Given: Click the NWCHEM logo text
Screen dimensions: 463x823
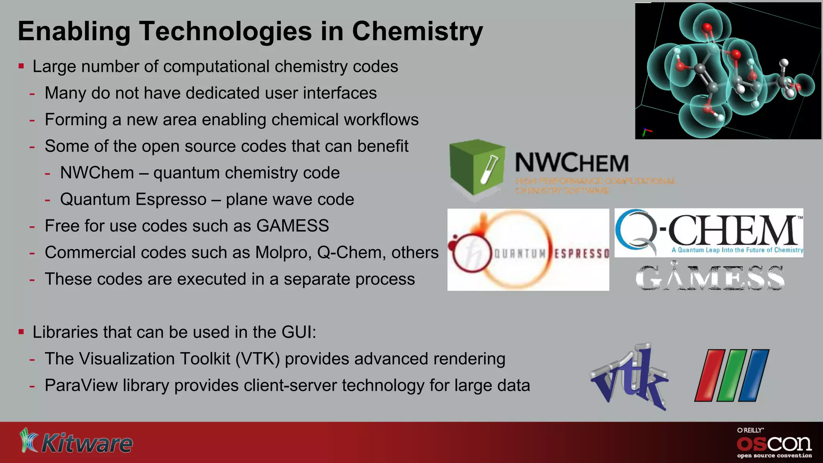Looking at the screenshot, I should click(571, 163).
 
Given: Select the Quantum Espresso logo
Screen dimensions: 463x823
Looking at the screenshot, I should click(528, 250).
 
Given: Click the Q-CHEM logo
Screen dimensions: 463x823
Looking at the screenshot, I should click(708, 232).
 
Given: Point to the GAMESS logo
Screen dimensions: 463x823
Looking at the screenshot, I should click(710, 278).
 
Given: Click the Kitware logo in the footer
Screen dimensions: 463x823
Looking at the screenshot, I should click(76, 442).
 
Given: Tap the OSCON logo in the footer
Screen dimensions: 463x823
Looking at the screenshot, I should click(774, 444).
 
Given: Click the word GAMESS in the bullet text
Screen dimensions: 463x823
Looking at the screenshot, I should click(293, 226).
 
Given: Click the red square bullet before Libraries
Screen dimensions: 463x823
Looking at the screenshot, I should click(21, 332).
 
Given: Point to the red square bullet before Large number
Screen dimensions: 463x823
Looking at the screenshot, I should click(21, 66).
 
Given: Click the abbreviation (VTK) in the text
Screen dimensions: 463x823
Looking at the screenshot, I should click(257, 359).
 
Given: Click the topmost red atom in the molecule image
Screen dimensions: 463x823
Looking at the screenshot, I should click(707, 28).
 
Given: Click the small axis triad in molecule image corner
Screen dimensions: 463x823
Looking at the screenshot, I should click(646, 132).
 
